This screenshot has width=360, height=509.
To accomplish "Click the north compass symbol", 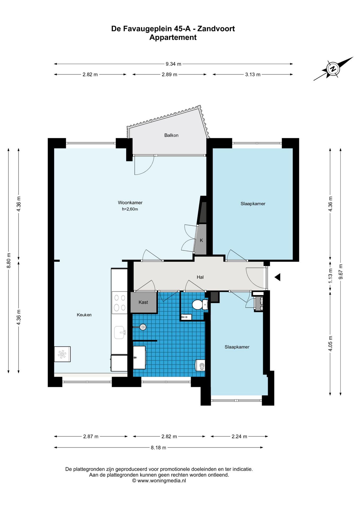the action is tap(333, 69).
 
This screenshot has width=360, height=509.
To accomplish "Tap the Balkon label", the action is tap(171, 135).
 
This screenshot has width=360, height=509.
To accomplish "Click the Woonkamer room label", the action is tap(130, 203).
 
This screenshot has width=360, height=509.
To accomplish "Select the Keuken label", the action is tap(84, 315).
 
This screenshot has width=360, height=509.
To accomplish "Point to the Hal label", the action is tap(200, 277).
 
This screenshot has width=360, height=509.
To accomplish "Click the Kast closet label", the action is tap(143, 302).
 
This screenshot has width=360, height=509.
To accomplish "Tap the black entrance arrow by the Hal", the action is tap(277, 277).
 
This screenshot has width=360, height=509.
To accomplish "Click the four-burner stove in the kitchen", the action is tap(120, 302).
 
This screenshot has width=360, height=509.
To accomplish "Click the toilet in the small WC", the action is tap(200, 305).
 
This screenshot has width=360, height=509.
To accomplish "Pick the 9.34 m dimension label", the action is tap(173, 64).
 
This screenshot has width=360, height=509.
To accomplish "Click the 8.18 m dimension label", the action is tap(159, 447).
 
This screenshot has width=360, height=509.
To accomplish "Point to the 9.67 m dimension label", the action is tap(341, 272).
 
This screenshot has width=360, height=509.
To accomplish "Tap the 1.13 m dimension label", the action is tap(330, 276).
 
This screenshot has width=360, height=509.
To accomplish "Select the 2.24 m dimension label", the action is tap(239, 436).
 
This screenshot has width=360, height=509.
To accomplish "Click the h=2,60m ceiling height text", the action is tap(130, 209).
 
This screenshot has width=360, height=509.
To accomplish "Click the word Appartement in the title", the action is tap(173, 37).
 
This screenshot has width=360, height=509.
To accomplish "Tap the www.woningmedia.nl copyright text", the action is tap(159, 481).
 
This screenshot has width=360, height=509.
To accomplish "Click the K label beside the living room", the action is tap(201, 240).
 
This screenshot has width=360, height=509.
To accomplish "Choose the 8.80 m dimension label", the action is tap(9, 261).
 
